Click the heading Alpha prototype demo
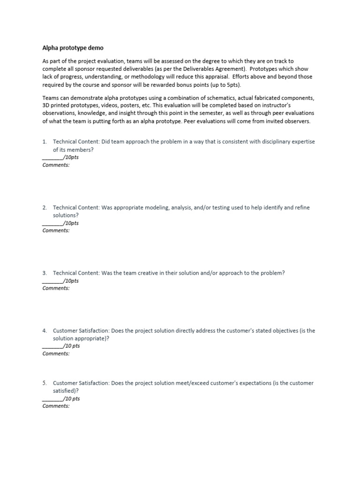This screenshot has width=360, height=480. (73, 48)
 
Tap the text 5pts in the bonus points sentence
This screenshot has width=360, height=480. (232, 85)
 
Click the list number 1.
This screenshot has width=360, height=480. (44, 142)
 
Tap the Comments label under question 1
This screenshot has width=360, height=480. (56, 165)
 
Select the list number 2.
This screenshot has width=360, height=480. (44, 207)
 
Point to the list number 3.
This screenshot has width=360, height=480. (44, 273)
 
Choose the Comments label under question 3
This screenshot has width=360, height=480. (56, 288)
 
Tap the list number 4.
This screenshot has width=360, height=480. (44, 330)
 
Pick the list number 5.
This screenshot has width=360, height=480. (44, 383)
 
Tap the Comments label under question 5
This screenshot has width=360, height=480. (56, 406)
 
